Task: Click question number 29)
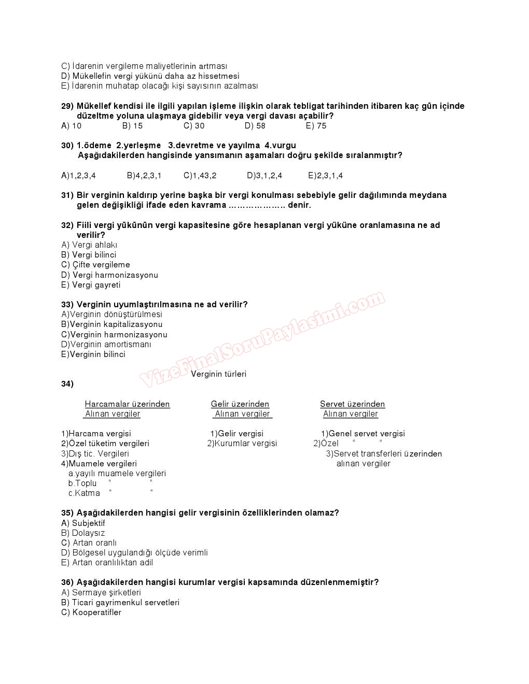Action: [67, 106]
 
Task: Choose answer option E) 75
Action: [316, 126]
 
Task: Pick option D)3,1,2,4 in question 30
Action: [264, 176]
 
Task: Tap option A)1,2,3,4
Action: [78, 176]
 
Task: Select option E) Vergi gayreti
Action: [91, 285]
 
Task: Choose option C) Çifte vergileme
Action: [95, 265]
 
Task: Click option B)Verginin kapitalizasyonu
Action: [112, 324]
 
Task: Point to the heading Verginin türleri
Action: [218, 374]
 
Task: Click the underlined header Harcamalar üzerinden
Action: [127, 404]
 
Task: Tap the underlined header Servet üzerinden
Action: [352, 404]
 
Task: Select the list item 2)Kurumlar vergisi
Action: [242, 444]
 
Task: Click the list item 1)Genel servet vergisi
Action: [363, 434]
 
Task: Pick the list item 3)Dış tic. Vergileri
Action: [95, 454]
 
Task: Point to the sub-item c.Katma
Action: [84, 493]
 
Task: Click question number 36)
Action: [67, 582]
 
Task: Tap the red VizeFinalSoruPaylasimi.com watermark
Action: [262, 339]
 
